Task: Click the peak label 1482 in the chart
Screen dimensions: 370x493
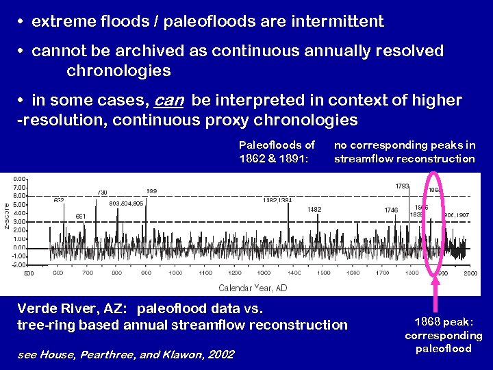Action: click(x=314, y=210)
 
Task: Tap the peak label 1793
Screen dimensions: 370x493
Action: click(x=403, y=186)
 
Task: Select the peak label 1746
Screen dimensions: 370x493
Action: click(x=391, y=210)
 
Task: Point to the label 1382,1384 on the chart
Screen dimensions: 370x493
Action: click(x=277, y=201)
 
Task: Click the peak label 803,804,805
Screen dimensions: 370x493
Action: click(x=127, y=203)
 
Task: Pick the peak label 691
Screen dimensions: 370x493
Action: click(x=81, y=217)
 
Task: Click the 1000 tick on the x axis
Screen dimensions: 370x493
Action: click(x=176, y=273)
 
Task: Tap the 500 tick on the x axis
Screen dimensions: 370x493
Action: click(x=29, y=273)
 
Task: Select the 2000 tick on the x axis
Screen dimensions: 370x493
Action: click(x=470, y=273)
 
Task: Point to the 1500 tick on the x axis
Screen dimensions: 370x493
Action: click(x=323, y=273)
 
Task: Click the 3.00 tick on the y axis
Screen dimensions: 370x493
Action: click(x=20, y=221)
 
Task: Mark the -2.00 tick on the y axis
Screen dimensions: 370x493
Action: click(x=19, y=264)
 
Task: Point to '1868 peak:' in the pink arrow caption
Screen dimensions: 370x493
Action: click(x=443, y=323)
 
